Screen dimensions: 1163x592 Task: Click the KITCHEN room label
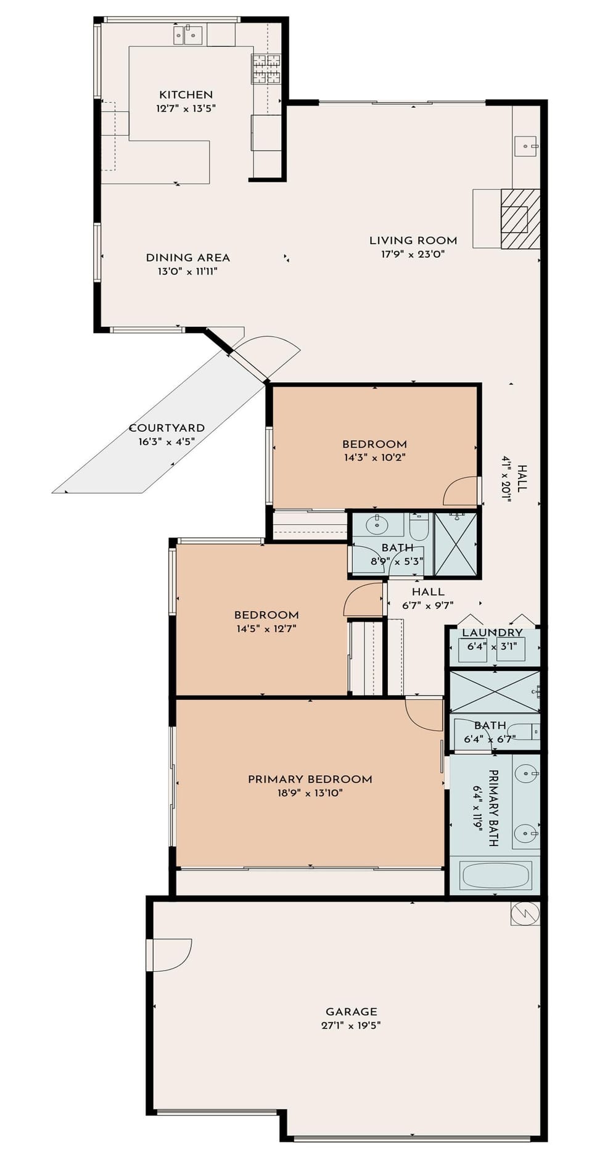(186, 94)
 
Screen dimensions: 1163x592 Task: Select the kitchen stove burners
(266, 68)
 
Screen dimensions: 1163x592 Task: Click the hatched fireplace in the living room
(520, 219)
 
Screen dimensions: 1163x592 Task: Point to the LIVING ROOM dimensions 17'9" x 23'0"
(413, 254)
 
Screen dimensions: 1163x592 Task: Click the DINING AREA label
(187, 258)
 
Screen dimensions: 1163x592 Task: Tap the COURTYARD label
(166, 428)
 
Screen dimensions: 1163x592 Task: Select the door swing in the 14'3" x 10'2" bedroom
(459, 491)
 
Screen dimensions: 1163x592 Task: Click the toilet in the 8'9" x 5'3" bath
(419, 528)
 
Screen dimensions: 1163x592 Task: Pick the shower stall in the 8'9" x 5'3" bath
(456, 545)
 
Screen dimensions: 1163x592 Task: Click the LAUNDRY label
(492, 633)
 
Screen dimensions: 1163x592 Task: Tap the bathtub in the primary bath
(496, 876)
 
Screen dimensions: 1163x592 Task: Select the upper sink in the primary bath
(526, 771)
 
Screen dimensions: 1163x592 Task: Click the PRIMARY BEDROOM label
(310, 779)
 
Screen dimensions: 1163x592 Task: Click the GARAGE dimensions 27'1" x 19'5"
(351, 1025)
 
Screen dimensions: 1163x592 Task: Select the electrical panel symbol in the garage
(525, 913)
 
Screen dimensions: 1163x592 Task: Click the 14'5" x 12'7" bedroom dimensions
(266, 629)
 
